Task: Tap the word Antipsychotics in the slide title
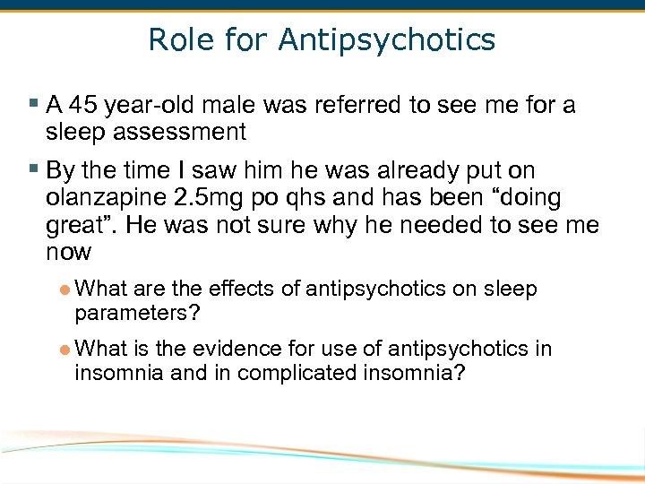387,40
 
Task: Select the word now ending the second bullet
68,252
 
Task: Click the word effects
241,289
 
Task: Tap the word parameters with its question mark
137,313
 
